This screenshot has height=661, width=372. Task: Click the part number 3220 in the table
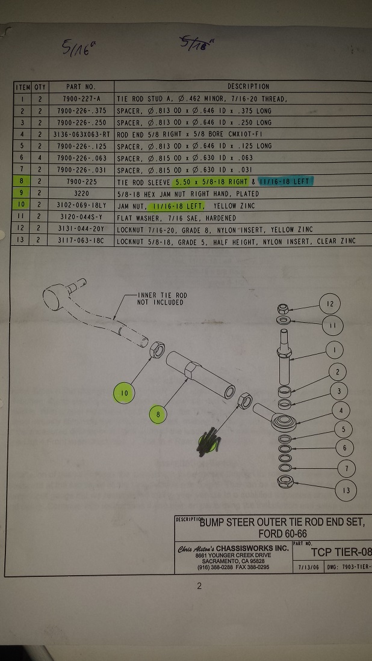point(80,193)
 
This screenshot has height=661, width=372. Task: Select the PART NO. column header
point(80,87)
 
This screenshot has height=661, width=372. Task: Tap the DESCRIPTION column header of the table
point(248,87)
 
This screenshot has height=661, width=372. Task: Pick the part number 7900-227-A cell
point(80,99)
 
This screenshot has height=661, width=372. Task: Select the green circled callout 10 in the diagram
point(125,394)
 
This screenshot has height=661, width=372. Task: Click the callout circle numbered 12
point(330,304)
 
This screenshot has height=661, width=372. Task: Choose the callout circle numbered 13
point(346,490)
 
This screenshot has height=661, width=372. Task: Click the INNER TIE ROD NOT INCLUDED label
point(160,299)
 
